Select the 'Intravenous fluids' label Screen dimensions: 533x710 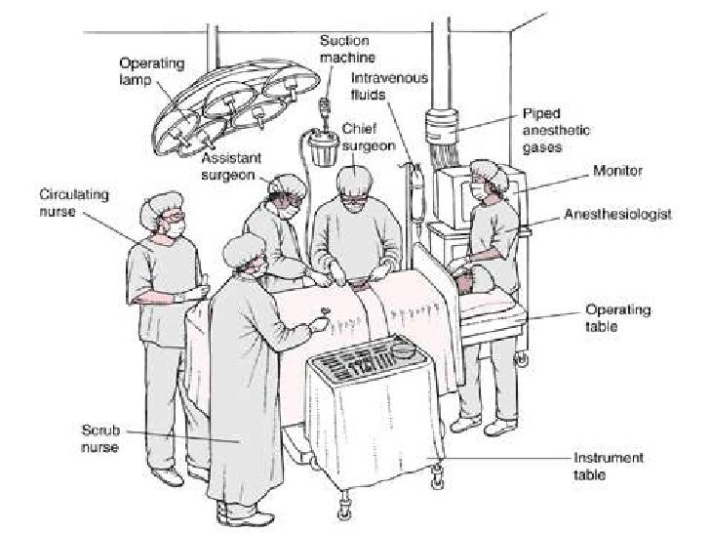coord(389,86)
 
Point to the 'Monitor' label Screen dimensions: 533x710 coord(616,171)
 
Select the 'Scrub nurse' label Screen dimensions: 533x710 coord(100,438)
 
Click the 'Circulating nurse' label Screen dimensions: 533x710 coord(73,201)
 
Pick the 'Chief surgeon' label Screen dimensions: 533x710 coord(368,138)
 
